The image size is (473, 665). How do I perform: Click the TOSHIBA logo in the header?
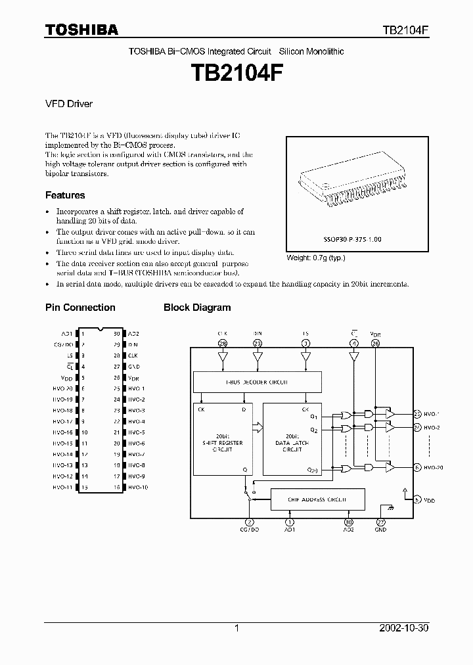(x=81, y=30)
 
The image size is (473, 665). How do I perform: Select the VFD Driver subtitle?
(x=69, y=104)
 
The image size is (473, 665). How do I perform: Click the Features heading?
(x=65, y=195)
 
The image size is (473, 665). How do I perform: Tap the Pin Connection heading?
(x=80, y=307)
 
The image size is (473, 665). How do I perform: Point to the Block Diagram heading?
(x=197, y=307)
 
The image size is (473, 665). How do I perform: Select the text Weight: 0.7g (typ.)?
(x=315, y=258)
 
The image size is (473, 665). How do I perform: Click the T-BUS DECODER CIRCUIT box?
(x=258, y=382)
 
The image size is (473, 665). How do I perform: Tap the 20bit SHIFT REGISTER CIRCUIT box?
(x=222, y=438)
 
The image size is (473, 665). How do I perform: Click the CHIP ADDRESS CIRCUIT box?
(x=317, y=500)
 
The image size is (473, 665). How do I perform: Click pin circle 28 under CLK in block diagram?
(x=222, y=343)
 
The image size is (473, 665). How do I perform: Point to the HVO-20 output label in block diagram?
(x=434, y=467)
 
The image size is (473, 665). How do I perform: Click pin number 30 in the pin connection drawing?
(x=116, y=334)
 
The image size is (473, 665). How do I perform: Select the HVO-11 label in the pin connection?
(x=63, y=487)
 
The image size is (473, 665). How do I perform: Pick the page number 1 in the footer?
(x=236, y=628)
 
